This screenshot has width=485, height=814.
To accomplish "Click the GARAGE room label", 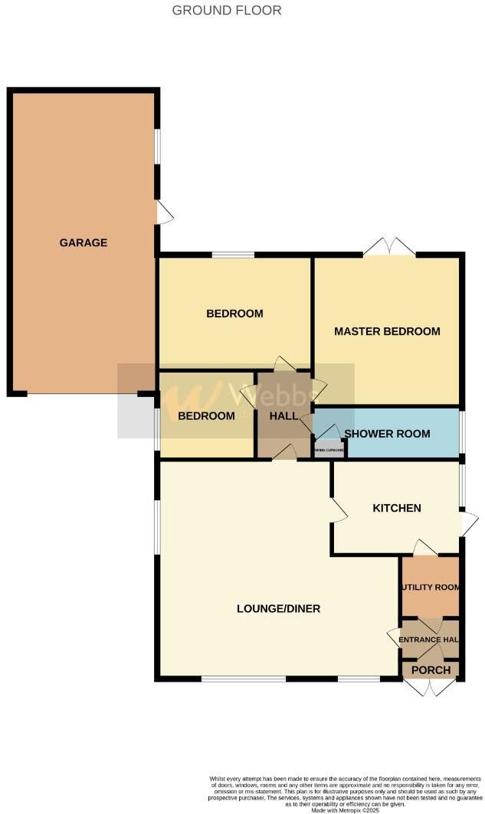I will [x=84, y=243].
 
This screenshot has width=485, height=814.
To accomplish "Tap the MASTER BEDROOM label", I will [x=387, y=331].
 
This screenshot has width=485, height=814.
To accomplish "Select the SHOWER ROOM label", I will [x=387, y=434].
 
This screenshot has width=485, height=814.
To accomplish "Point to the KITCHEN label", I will [x=396, y=508].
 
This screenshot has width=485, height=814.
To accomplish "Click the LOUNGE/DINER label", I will [x=278, y=609].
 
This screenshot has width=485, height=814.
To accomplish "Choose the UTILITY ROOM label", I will [x=430, y=588].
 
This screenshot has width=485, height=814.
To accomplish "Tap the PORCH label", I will [x=431, y=670].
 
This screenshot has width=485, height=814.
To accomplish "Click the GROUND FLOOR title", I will [x=226, y=11].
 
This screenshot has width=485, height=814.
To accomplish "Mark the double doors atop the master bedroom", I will [x=389, y=246].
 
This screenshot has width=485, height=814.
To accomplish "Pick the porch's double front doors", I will [x=431, y=687].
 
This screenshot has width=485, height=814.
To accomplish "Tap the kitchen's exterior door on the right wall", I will [x=468, y=523].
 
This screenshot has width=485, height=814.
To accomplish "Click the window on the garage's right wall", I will [x=158, y=145].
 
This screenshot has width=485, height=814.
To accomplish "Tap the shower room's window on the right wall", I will [x=462, y=433].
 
